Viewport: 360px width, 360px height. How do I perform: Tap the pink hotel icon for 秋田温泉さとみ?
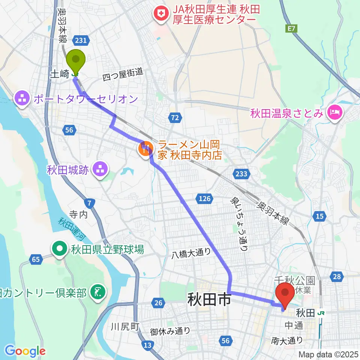[x=333, y=112]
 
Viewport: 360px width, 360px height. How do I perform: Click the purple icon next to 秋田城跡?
[x=100, y=170]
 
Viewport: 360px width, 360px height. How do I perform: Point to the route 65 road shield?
[x=36, y=259]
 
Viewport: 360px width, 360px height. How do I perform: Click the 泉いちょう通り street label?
[x=238, y=224]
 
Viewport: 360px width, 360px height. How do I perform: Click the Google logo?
[x=25, y=351]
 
